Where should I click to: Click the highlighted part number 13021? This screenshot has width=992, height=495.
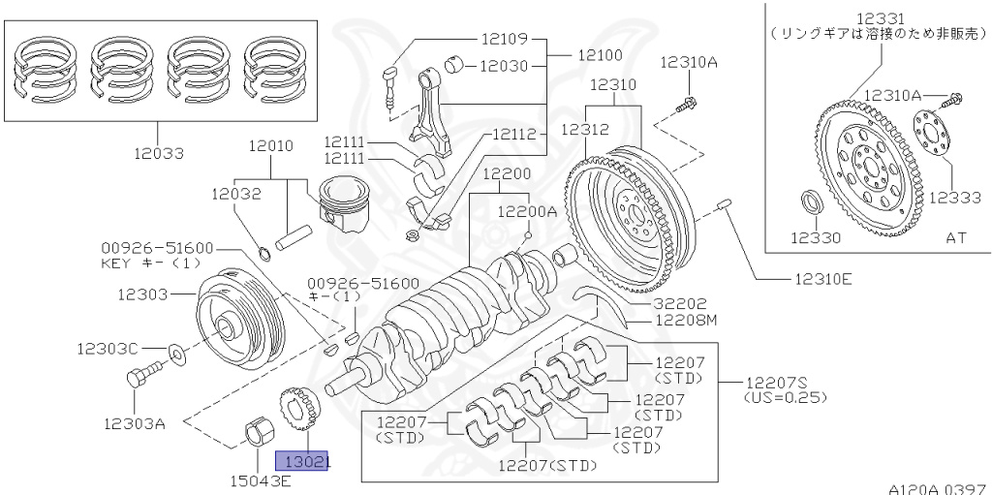pyautogui.click(x=303, y=462)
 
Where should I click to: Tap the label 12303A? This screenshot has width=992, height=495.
pyautogui.click(x=135, y=423)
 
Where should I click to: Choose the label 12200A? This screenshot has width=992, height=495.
pyautogui.click(x=527, y=210)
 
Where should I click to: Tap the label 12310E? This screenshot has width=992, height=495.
pyautogui.click(x=822, y=279)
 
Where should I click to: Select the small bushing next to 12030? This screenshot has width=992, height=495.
pyautogui.click(x=452, y=67)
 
